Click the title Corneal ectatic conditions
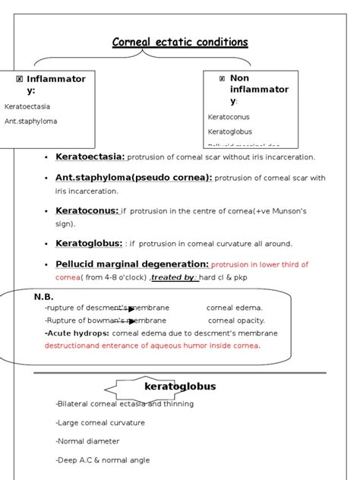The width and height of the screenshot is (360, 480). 180,42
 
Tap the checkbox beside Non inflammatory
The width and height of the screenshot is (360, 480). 222,78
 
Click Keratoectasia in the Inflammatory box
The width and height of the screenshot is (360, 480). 27,107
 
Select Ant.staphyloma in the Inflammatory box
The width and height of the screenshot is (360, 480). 30,121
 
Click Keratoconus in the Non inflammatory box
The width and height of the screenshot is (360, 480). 229,117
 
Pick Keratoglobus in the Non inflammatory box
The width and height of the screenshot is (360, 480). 229,131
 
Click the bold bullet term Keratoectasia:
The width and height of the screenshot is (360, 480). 90,156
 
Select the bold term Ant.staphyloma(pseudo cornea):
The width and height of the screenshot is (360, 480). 134,178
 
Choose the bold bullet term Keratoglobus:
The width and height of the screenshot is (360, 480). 89,243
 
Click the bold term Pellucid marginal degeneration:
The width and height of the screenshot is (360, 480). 132,264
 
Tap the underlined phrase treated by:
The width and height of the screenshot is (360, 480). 175,277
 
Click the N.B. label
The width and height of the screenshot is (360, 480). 43,298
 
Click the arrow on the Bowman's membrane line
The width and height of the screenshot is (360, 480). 131,321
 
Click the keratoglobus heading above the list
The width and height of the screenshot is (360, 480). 180,387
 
